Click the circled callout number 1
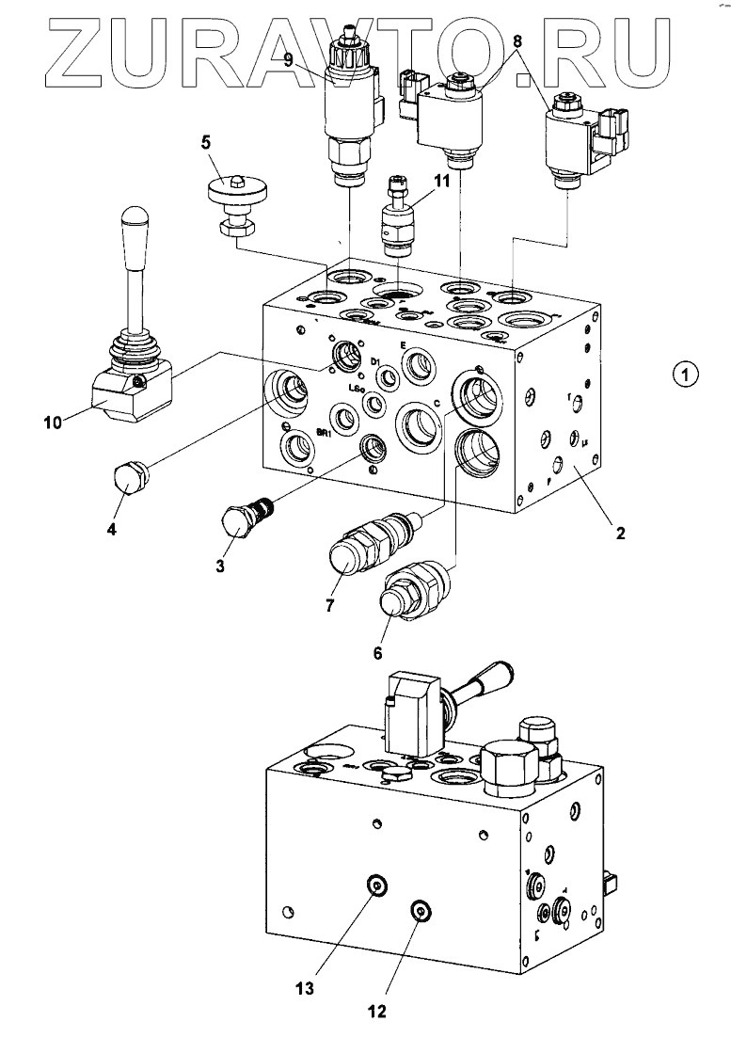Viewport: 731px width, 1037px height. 688,375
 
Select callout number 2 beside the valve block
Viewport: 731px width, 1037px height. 620,534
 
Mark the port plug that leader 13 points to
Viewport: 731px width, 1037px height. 375,885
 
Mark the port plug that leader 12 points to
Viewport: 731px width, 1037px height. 419,909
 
